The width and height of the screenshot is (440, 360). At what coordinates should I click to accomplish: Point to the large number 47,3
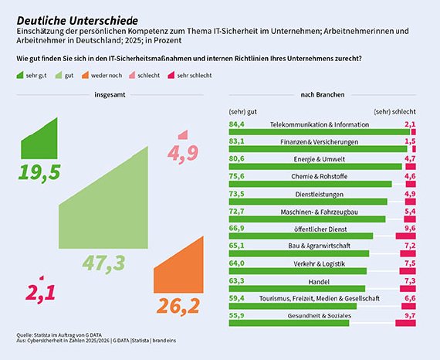pyautogui.click(x=103, y=263)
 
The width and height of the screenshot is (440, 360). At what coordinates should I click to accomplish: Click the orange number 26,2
pyautogui.click(x=178, y=305)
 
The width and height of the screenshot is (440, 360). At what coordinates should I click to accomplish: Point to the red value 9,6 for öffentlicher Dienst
pyautogui.click(x=410, y=229)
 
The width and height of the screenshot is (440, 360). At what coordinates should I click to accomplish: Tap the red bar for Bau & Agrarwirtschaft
pyautogui.click(x=408, y=253)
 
